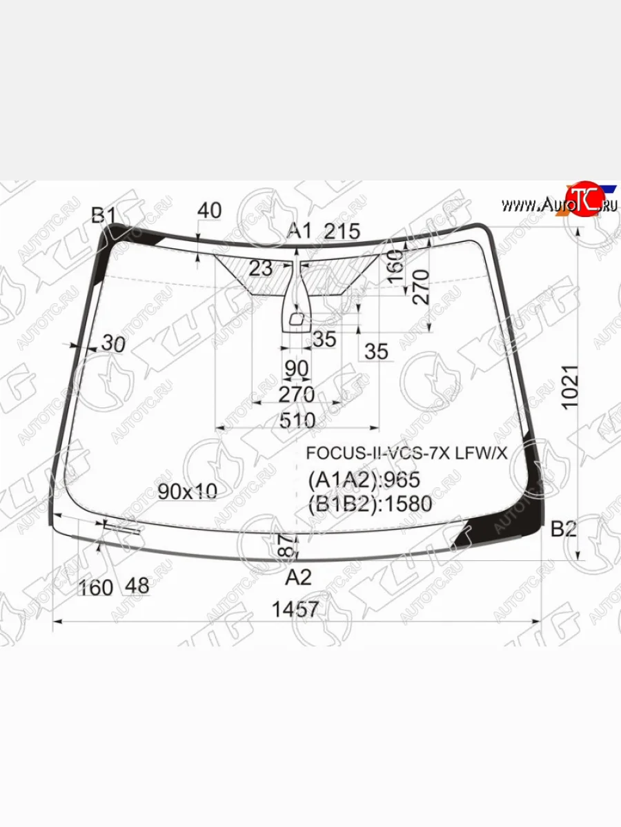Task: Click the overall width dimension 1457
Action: point(296,609)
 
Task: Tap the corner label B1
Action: point(104,216)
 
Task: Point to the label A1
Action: point(299,231)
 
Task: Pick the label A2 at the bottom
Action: point(299,576)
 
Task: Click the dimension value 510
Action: point(297,420)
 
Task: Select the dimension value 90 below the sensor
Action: point(296,369)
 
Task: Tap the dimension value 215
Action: point(342,232)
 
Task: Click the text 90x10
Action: point(187,491)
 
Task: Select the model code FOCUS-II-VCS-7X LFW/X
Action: point(406,453)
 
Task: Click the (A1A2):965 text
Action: point(364,479)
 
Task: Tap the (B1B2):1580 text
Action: point(370,504)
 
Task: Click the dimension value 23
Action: point(261,268)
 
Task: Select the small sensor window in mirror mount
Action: point(297,319)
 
